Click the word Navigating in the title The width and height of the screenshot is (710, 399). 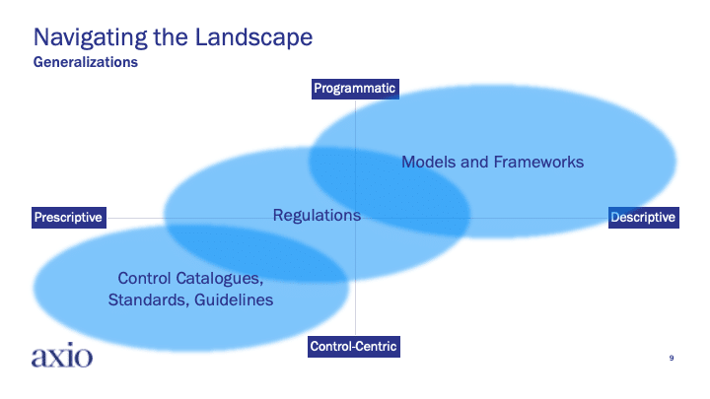coord(91,37)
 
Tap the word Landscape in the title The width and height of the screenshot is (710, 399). coord(253,37)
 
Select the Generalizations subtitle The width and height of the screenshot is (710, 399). coord(86,62)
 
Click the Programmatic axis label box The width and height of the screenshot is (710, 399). coord(355,89)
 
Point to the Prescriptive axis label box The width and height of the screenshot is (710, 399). coord(69,218)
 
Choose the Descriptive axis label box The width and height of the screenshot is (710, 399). coord(643,218)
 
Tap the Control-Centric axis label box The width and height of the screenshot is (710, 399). coord(354,347)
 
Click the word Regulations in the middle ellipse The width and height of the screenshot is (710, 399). coord(317,216)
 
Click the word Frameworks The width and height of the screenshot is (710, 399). coord(538,162)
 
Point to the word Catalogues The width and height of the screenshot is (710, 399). coord(219,279)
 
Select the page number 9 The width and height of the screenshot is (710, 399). coord(672,358)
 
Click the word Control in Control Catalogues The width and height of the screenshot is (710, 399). coord(144,278)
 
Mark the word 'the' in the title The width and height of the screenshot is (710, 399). coord(171,37)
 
